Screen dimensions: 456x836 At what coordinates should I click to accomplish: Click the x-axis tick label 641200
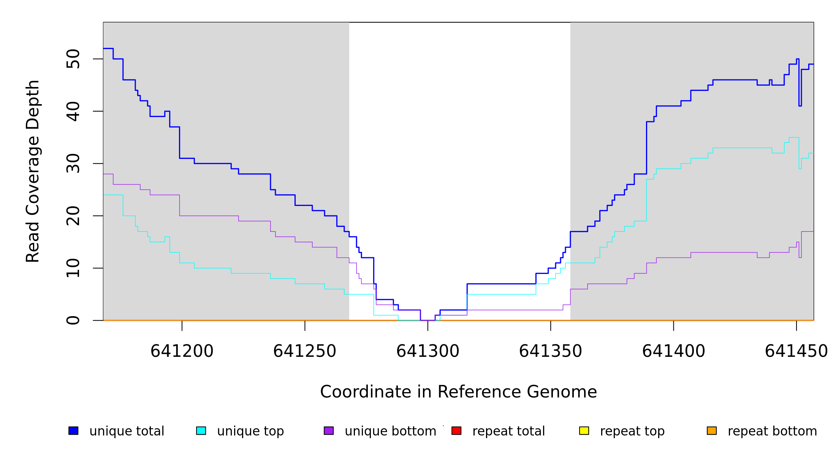[x=182, y=351]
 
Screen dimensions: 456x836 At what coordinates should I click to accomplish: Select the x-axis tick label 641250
[x=305, y=351]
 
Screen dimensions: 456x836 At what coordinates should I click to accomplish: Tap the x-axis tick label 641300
[x=428, y=351]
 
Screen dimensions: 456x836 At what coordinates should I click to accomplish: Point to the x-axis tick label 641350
[x=551, y=351]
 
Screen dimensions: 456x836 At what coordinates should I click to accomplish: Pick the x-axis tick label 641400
[x=674, y=351]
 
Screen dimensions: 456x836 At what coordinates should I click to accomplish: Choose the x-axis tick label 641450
[x=796, y=351]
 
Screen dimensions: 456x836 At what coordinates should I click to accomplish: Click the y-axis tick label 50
[x=73, y=59]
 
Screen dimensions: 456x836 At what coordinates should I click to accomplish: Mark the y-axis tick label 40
[x=73, y=111]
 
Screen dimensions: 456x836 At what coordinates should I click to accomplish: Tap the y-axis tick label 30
[x=73, y=163]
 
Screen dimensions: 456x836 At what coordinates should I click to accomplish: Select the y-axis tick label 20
[x=73, y=216]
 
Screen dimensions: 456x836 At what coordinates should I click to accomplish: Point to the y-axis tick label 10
[x=73, y=268]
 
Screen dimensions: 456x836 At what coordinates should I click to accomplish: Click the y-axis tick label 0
[x=73, y=320]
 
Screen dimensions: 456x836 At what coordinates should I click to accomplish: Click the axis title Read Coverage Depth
[x=33, y=171]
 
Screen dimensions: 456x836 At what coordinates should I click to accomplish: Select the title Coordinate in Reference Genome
[x=458, y=392]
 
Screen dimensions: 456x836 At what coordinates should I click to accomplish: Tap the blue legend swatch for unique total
[x=73, y=431]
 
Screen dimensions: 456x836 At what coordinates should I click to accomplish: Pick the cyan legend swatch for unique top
[x=201, y=431]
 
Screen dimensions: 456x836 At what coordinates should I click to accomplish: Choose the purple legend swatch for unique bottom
[x=329, y=431]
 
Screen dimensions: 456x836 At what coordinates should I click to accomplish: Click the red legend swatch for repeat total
[x=456, y=431]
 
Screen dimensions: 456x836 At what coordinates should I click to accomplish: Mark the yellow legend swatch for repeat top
[x=584, y=431]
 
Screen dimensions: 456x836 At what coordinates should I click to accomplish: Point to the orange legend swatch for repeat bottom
[x=712, y=431]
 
